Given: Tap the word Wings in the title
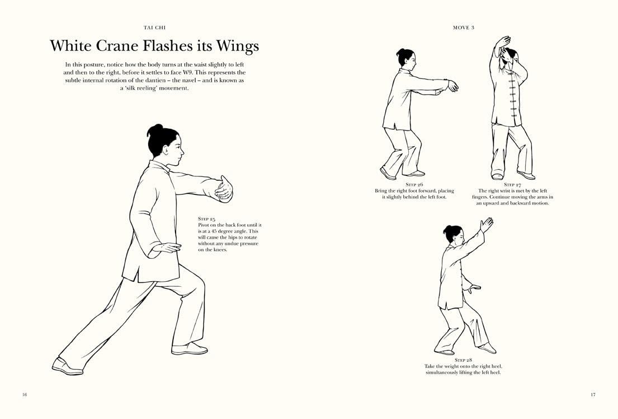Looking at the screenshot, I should click(x=237, y=46).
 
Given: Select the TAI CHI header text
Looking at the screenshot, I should click(x=154, y=27).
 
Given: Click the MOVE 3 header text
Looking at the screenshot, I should click(x=464, y=27).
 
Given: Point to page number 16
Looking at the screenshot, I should click(x=25, y=394).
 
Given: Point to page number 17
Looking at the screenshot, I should click(x=593, y=394).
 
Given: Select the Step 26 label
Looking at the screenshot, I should click(x=414, y=185).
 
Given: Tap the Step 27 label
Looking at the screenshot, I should click(x=512, y=185).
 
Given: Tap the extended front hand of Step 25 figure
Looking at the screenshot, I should click(x=224, y=189).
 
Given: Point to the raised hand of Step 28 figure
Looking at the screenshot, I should click(x=486, y=225).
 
